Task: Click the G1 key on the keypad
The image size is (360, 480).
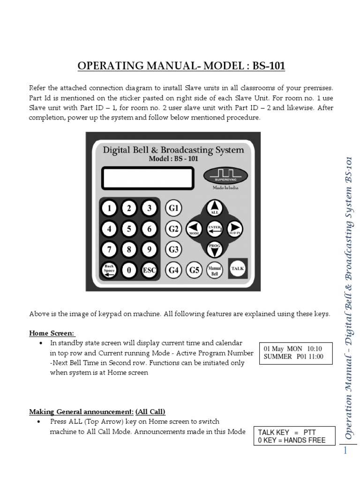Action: tap(174, 208)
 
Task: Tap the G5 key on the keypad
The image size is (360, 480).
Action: tap(194, 270)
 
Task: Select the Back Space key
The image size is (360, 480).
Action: tap(109, 270)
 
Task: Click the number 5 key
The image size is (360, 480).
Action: tap(129, 229)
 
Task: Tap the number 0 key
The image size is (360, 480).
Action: tap(129, 270)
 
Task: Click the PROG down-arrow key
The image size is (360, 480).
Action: tap(214, 248)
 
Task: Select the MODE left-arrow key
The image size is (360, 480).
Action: tap(194, 228)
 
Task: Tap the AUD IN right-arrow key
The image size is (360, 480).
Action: tap(234, 228)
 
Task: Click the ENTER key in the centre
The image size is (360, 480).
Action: tap(214, 229)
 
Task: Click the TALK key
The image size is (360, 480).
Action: tap(238, 269)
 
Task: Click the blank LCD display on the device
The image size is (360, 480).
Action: tap(147, 178)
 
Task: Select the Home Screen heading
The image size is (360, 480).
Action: tap(52, 333)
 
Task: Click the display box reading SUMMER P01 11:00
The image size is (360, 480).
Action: tap(295, 353)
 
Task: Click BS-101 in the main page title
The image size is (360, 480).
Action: tap(269, 66)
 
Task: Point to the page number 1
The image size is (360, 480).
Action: tap(346, 451)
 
